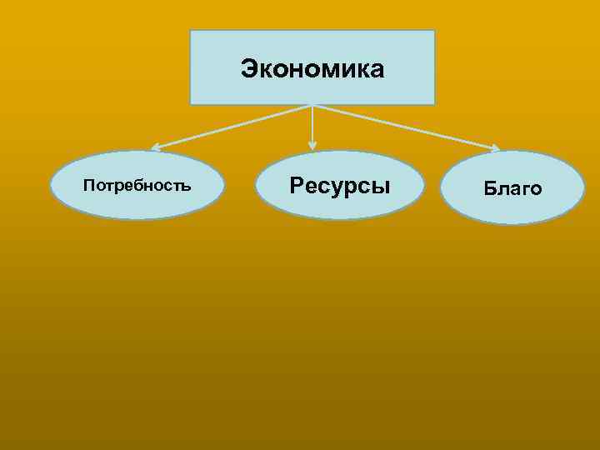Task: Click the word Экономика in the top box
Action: (312, 69)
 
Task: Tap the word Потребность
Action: (137, 185)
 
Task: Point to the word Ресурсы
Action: (340, 184)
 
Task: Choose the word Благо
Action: (512, 189)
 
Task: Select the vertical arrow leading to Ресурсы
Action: (312, 125)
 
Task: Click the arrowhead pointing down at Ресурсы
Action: (312, 146)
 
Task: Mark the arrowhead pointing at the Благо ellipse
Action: (494, 149)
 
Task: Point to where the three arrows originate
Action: (312, 106)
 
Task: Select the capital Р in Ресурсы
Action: (296, 184)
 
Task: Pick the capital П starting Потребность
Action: (88, 185)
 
